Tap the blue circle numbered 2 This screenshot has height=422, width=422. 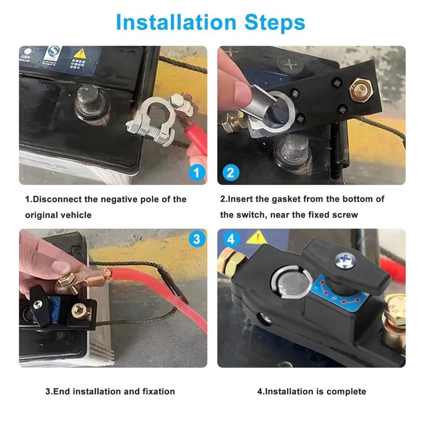tap(230, 172)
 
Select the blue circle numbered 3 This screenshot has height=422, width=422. tap(196, 239)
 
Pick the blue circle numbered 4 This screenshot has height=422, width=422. tap(230, 239)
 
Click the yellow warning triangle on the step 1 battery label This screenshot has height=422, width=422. tap(79, 54)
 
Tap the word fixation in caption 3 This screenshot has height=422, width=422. tap(156, 391)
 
